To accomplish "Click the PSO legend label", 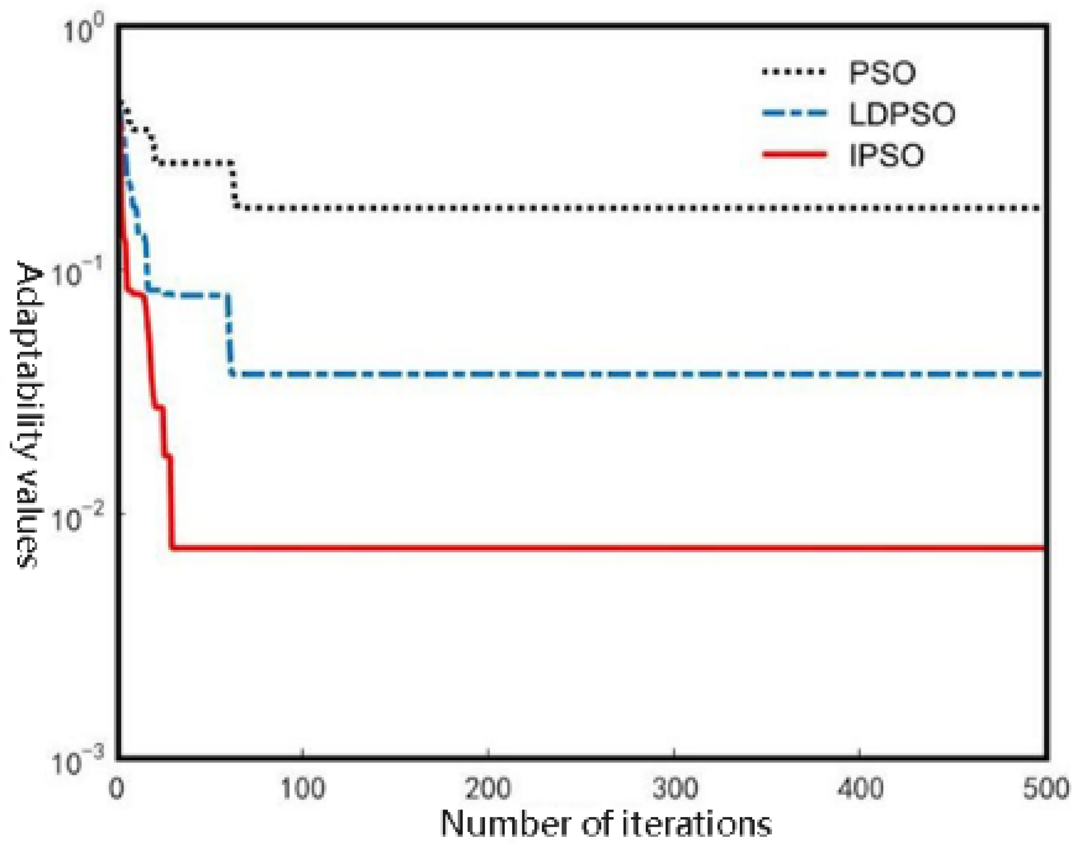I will click(882, 73).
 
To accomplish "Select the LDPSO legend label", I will click(902, 114).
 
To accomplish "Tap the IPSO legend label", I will click(886, 155).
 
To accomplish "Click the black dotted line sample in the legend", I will click(794, 72).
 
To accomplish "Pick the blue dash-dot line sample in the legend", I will click(794, 113).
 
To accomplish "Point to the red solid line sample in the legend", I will click(794, 154).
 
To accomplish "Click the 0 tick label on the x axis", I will click(117, 789).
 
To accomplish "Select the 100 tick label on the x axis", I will click(303, 789).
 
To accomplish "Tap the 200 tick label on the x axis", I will click(489, 789).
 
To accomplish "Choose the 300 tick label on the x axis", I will click(674, 789).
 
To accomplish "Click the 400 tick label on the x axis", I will click(860, 789).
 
